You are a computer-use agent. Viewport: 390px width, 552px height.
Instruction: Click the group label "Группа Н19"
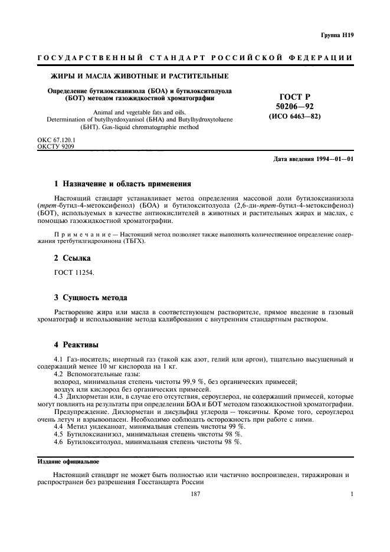337,36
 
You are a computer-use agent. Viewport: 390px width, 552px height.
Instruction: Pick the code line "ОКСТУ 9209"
54,146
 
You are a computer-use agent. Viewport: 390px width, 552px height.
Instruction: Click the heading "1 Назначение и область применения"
122,183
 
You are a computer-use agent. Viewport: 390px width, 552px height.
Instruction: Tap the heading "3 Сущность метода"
90,297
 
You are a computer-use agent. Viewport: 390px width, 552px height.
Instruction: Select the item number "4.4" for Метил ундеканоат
60,426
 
